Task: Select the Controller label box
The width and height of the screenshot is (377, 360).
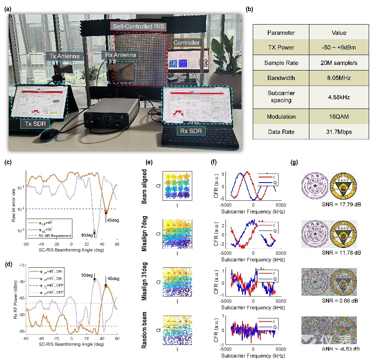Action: (185, 42)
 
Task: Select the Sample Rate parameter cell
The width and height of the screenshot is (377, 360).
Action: (280, 63)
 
